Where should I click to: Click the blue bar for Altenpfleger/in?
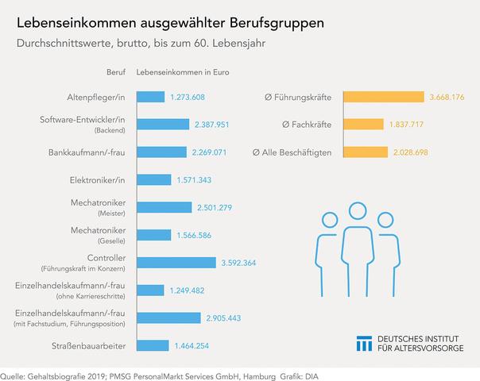point(151,97)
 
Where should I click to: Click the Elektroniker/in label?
point(97,180)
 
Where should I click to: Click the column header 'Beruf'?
point(116,73)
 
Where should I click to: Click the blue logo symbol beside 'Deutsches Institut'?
point(364,343)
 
